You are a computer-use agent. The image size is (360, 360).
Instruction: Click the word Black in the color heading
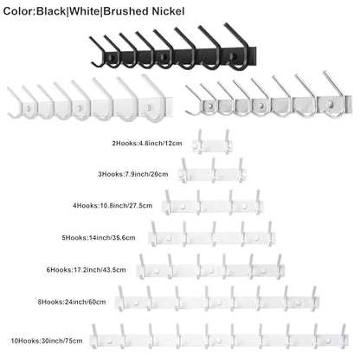51,11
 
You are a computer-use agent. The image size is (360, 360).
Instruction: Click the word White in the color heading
84,11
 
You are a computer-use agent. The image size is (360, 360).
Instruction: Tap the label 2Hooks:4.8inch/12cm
147,143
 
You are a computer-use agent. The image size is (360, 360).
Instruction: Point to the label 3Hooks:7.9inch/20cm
133,174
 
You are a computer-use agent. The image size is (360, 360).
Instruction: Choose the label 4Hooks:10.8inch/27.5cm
112,206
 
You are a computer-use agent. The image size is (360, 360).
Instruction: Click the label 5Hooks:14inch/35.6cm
99,238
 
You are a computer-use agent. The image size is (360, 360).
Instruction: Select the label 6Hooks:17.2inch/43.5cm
86,270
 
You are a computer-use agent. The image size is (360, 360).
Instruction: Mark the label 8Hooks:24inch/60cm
72,302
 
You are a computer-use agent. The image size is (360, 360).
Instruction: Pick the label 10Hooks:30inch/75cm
47,341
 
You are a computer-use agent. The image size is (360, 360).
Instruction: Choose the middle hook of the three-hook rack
214,170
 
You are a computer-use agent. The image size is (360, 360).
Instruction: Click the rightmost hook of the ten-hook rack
344,336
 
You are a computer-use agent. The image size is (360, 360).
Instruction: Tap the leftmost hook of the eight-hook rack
121,299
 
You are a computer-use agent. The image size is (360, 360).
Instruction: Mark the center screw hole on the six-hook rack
211,272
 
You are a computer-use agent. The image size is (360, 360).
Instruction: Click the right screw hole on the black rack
232,56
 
